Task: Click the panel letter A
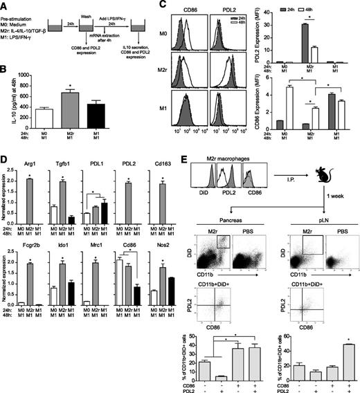[5, 6]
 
